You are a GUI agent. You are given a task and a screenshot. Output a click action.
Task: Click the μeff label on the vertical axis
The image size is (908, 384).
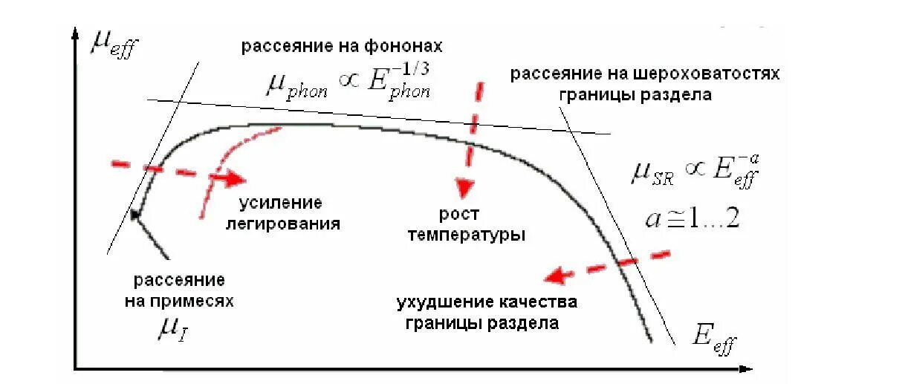(114, 45)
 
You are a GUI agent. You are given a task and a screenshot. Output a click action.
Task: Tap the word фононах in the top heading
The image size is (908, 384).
(405, 46)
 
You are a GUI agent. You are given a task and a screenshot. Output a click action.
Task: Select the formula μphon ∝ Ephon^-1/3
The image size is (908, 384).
(347, 82)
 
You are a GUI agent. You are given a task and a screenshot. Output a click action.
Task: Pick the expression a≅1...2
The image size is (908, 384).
(690, 219)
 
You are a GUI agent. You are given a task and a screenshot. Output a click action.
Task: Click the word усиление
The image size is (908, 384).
(280, 204)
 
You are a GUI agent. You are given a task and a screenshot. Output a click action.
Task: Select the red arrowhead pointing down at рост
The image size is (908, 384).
(465, 188)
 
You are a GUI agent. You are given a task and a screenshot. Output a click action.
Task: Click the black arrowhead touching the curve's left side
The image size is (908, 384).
(135, 215)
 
